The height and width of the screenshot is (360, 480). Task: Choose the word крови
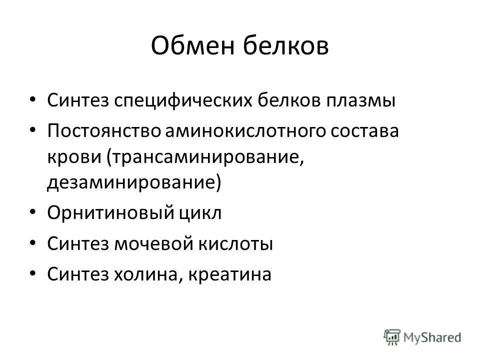tap(73, 157)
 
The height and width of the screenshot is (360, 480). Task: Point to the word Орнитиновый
tap(109, 213)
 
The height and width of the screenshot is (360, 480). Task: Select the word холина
tap(151, 274)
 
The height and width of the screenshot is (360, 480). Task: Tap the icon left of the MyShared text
tap(392, 337)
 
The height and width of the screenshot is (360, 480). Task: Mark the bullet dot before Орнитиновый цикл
tap(32, 211)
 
